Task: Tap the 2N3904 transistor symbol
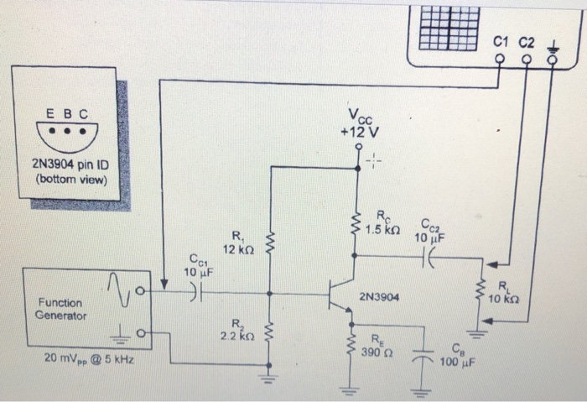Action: click(x=340, y=295)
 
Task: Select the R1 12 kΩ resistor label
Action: click(x=234, y=243)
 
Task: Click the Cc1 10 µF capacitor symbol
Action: click(x=195, y=294)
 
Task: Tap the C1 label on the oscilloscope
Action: click(x=502, y=41)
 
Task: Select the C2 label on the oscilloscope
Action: click(x=527, y=41)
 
